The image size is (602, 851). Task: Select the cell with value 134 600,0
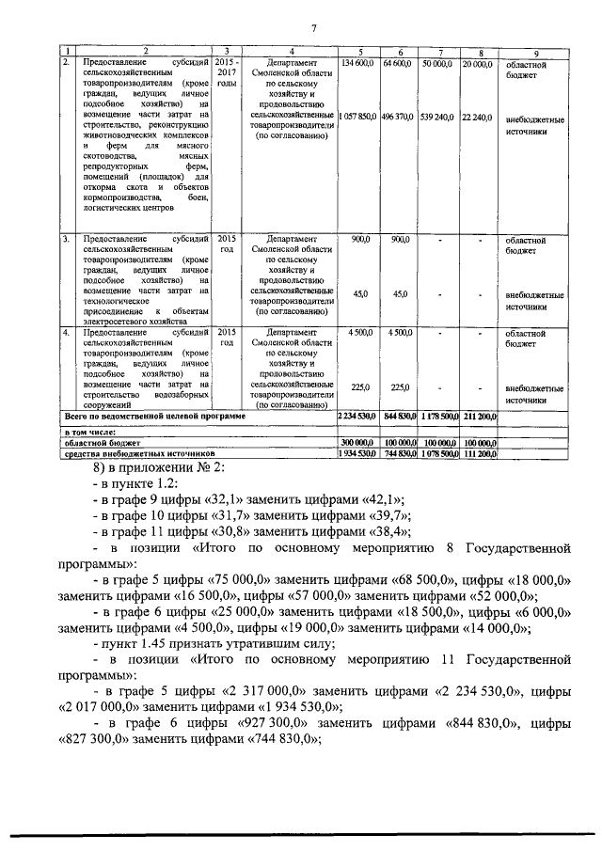[x=357, y=62]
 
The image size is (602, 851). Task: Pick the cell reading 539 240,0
[x=438, y=117]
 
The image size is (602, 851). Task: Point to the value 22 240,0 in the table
[x=477, y=117]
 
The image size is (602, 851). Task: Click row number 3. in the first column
[x=66, y=240]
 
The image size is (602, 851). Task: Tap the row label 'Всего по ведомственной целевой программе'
[x=154, y=415]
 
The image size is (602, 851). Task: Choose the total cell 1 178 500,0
[x=438, y=415]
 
